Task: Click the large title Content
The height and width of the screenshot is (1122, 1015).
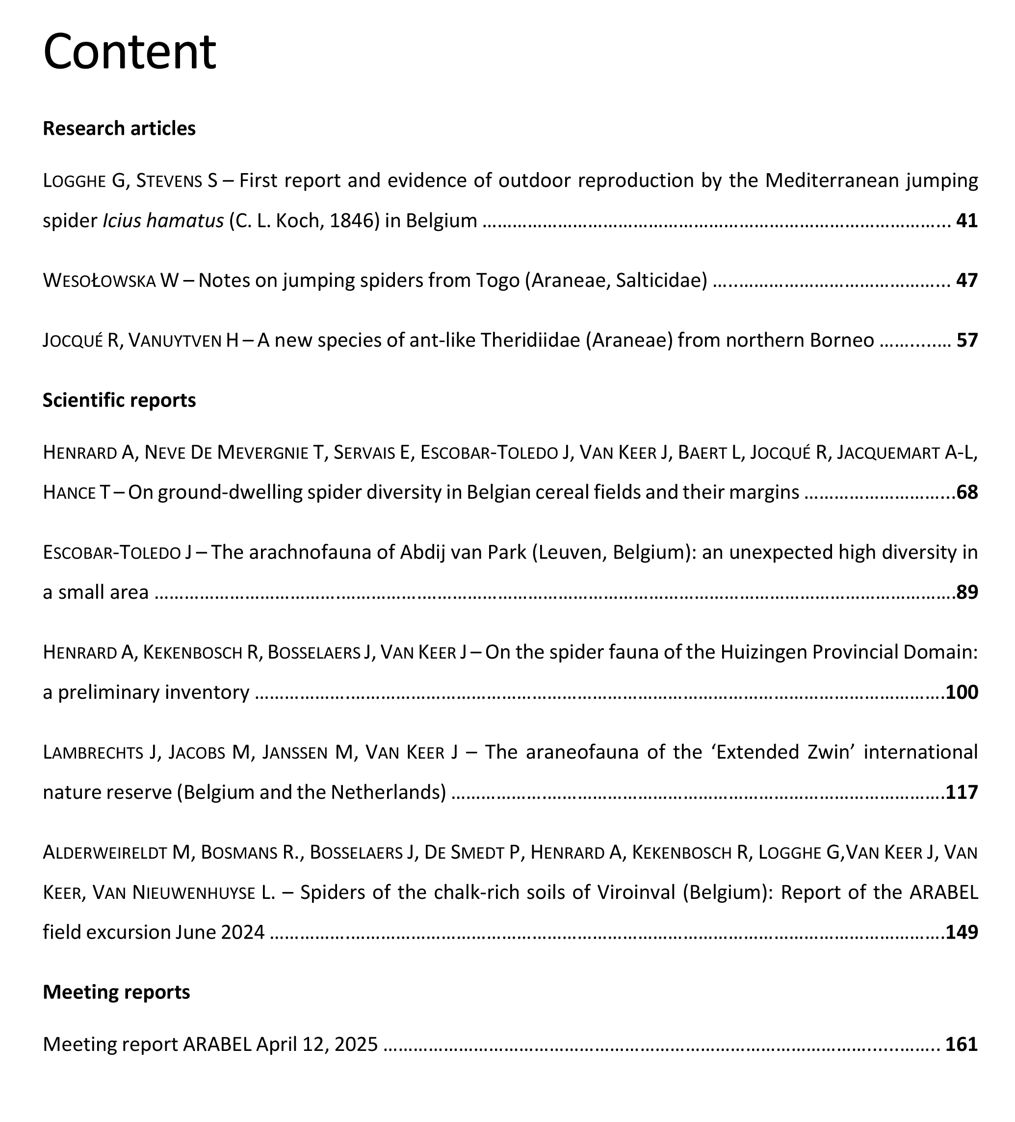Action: point(129,52)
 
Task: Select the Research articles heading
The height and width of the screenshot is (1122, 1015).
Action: point(119,128)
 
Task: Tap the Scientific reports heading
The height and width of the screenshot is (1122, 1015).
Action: point(119,400)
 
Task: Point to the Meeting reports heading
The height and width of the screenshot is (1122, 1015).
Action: point(116,992)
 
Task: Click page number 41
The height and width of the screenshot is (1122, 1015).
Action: point(966,221)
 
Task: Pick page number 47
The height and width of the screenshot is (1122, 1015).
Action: point(966,280)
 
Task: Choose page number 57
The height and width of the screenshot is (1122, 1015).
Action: point(966,340)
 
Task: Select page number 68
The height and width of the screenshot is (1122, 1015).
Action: point(967,492)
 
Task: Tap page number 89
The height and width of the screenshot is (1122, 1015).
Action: point(967,592)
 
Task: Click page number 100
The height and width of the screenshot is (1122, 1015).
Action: point(962,692)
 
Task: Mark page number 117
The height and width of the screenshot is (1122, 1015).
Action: point(962,792)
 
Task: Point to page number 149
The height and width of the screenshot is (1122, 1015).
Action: point(962,932)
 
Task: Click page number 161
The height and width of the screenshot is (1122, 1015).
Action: point(962,1044)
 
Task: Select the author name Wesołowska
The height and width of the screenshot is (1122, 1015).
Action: point(99,280)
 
